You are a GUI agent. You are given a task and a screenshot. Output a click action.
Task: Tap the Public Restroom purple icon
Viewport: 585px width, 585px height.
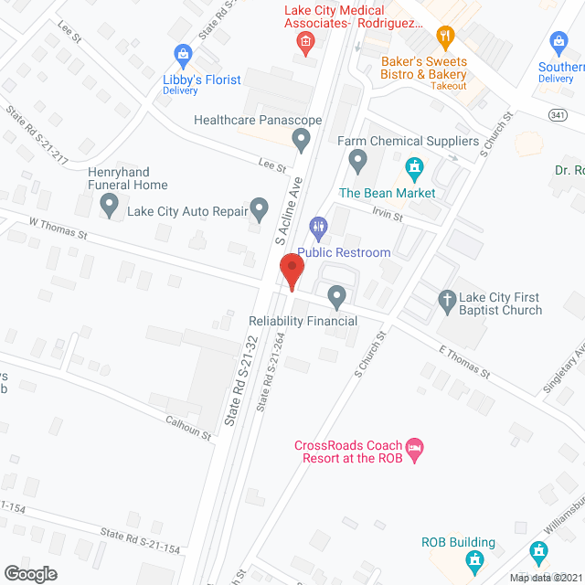[x=318, y=225]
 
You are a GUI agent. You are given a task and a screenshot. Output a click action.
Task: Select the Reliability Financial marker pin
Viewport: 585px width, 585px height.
[x=336, y=295]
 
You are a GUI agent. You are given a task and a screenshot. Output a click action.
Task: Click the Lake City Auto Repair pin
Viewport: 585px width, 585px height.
[x=260, y=210]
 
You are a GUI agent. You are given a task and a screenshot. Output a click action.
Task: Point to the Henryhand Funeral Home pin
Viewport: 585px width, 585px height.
[x=110, y=207]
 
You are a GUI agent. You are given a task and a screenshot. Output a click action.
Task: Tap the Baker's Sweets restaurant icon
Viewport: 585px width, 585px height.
[x=446, y=37]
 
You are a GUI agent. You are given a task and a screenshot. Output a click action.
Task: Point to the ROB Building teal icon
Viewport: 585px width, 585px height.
[x=474, y=558]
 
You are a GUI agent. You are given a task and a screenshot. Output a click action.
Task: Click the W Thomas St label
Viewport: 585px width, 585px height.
[x=58, y=227]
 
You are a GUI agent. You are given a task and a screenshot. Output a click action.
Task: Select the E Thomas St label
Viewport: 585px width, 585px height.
[x=464, y=361]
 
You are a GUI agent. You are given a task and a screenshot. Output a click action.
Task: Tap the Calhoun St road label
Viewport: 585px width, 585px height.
[x=188, y=428]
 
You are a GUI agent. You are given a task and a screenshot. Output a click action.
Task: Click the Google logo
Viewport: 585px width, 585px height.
[x=29, y=573]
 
